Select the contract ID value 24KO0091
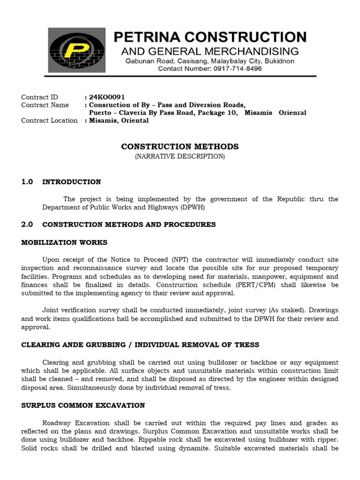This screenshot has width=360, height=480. (x=107, y=97)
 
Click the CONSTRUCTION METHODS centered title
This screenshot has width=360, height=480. (x=180, y=147)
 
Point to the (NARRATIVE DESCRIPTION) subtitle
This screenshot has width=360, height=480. (x=180, y=157)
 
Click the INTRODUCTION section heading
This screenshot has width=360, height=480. (x=72, y=182)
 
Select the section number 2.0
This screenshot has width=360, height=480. (x=27, y=225)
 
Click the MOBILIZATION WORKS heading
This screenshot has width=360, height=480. (x=64, y=242)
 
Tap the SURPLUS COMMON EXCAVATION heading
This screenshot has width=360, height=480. (x=83, y=405)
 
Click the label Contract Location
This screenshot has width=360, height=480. (x=49, y=120)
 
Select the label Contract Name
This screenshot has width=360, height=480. (x=45, y=105)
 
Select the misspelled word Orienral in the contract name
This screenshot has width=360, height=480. (x=292, y=113)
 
